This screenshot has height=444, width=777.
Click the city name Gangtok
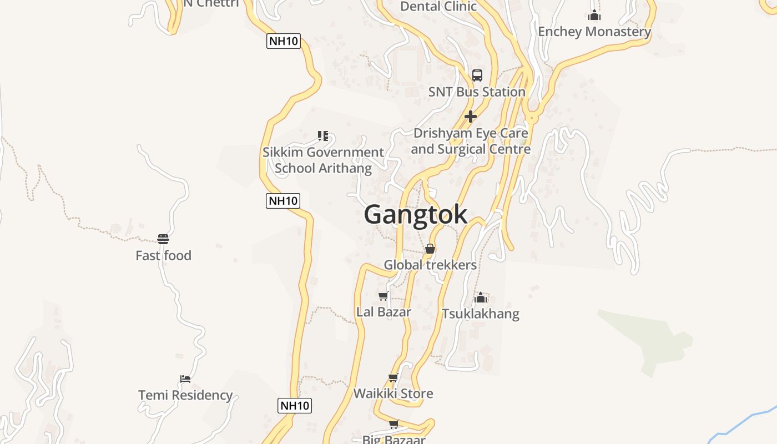[416, 215]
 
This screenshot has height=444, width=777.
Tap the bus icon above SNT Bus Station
[477, 75]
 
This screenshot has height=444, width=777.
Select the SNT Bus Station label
[477, 92]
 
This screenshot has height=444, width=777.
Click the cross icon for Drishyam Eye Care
[471, 117]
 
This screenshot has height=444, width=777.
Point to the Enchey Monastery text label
[594, 32]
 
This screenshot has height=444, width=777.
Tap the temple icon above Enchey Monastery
[595, 15]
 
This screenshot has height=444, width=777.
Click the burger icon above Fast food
[163, 239]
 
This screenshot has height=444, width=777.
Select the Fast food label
[163, 255]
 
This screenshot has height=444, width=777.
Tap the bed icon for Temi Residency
[185, 379]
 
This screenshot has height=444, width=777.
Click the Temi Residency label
[185, 395]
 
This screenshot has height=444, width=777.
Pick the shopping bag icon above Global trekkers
[430, 249]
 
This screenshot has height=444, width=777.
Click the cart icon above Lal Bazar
[383, 296]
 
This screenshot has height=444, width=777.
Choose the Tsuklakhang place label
[481, 314]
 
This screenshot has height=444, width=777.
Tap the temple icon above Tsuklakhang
[481, 298]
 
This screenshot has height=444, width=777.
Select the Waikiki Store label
[393, 393]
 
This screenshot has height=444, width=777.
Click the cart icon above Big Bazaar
[393, 425]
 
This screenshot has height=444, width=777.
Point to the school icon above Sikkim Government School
[323, 136]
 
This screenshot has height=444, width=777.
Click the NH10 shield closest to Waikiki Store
[294, 406]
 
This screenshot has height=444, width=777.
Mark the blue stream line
[744, 422]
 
